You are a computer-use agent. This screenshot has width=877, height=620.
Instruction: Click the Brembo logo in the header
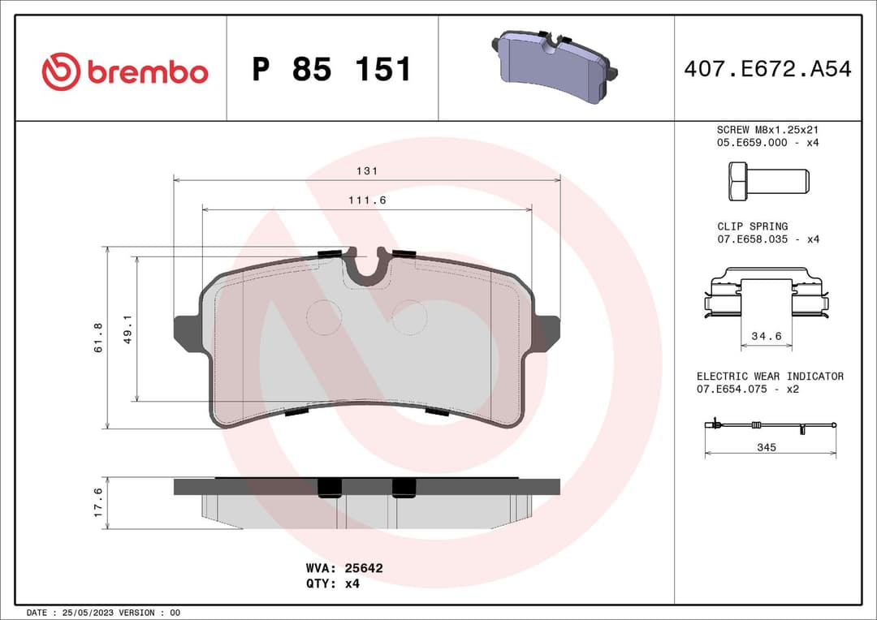[125, 71]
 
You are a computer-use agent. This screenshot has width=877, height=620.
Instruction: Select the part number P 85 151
[332, 70]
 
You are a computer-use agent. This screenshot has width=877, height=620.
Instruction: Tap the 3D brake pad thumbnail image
[555, 68]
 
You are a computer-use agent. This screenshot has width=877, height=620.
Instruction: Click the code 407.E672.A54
[767, 70]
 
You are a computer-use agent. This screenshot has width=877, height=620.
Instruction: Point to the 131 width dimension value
[367, 171]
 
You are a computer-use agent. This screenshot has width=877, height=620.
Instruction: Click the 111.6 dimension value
[367, 200]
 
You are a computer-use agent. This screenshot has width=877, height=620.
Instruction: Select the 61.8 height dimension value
[99, 337]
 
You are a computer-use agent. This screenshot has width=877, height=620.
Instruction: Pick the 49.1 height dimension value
[127, 329]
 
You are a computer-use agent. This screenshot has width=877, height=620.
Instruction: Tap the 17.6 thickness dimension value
[99, 502]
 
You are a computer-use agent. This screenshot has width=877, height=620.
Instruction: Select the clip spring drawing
[766, 297]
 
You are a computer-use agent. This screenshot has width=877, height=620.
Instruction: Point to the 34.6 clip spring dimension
[766, 335]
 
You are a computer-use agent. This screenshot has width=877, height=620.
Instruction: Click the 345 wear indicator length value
[766, 447]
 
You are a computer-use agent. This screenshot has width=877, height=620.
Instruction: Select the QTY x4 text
[333, 583]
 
